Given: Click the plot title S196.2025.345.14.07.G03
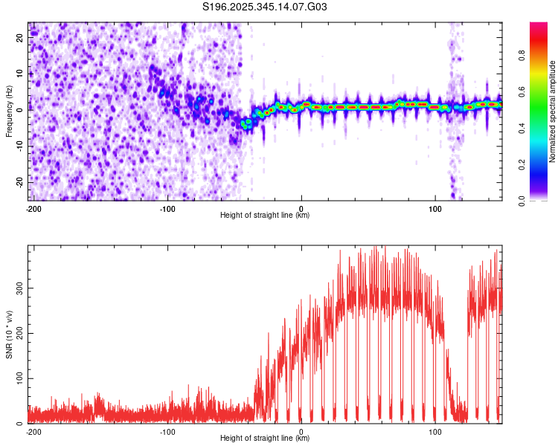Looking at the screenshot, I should click(x=265, y=7).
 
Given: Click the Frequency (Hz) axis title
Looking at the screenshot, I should click(x=9, y=111).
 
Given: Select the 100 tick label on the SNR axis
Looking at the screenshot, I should click(x=17, y=378).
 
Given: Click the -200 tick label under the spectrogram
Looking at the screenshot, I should click(x=33, y=207).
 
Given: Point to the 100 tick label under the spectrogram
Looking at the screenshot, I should click(x=434, y=207).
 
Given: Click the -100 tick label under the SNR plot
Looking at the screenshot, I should click(x=167, y=431).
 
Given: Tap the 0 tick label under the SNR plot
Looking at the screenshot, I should click(x=301, y=431).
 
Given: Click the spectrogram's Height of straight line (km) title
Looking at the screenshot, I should click(x=265, y=215).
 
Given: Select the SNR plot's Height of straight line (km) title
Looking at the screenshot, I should click(x=265, y=439).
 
